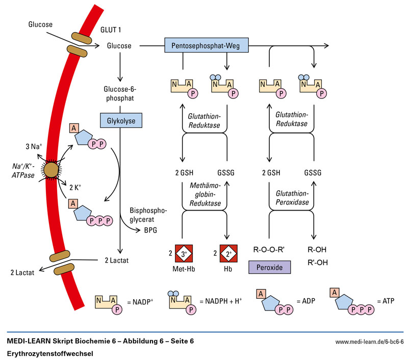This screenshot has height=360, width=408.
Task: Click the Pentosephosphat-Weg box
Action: coord(207,45)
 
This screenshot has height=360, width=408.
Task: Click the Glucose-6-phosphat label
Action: coord(120,95)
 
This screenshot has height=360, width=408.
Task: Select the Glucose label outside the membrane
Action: coord(40,23)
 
